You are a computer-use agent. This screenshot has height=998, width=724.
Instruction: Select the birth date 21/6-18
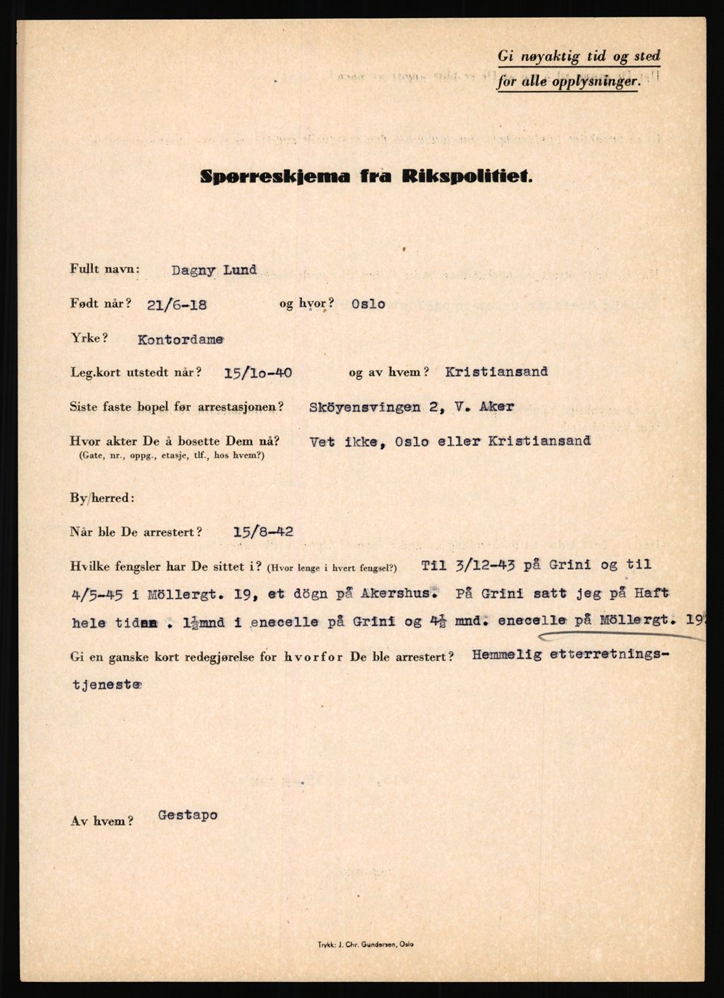(x=177, y=304)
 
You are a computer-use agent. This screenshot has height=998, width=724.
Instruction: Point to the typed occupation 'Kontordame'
(x=180, y=339)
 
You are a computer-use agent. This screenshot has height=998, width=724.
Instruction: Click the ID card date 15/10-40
(x=257, y=373)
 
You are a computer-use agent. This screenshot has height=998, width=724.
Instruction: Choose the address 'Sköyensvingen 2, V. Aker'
(x=413, y=407)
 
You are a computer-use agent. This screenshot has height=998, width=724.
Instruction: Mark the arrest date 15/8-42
(x=263, y=531)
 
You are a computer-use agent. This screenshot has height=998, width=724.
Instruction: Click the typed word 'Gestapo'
(x=188, y=815)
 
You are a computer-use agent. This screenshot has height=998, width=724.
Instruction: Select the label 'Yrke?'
(x=88, y=339)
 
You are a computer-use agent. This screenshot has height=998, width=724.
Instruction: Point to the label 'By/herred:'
(x=102, y=498)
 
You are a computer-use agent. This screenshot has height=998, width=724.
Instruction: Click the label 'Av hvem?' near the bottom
(x=102, y=821)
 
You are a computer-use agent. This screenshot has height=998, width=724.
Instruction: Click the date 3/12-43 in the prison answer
(x=482, y=565)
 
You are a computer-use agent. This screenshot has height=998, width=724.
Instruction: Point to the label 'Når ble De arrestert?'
(x=136, y=532)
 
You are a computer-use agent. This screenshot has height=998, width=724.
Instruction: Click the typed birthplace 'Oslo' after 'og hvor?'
(x=367, y=304)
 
